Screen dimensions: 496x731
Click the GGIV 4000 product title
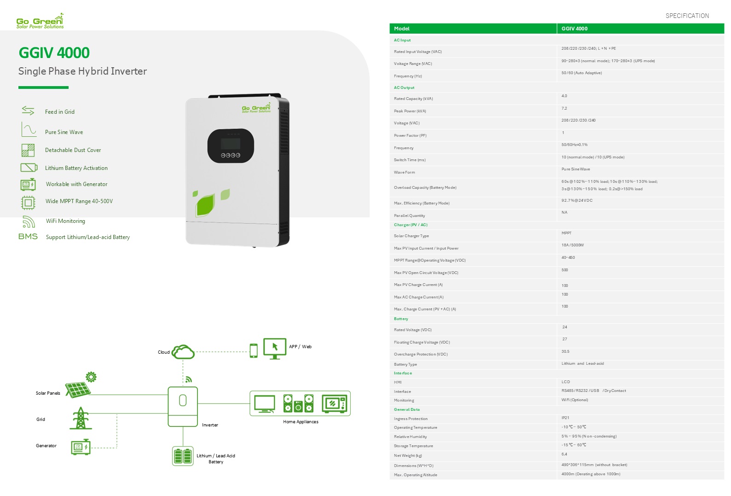point(54,53)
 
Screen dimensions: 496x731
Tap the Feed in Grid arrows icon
point(28,111)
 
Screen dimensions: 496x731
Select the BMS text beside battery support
point(28,237)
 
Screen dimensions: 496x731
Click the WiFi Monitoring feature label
point(65,221)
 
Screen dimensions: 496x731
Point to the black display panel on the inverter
point(231,146)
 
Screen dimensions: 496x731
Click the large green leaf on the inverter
point(205,205)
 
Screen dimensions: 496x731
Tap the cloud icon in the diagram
point(183,352)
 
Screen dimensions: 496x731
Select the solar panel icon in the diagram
point(78,390)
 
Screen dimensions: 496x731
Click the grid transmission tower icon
point(81,418)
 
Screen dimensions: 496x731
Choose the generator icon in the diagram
point(81,447)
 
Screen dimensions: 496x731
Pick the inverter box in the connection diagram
point(183,406)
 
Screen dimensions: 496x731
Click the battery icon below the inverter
point(183,456)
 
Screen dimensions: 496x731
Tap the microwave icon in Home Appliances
point(335,404)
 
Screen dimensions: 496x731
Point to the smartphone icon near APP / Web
point(254,350)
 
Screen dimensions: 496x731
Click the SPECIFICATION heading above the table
point(687,16)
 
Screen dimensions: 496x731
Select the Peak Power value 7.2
point(564,109)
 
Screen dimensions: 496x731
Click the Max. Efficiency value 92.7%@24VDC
point(577,201)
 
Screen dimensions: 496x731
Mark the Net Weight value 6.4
point(564,455)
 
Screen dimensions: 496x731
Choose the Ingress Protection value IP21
point(565,418)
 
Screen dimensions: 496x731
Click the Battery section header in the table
point(401,319)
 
